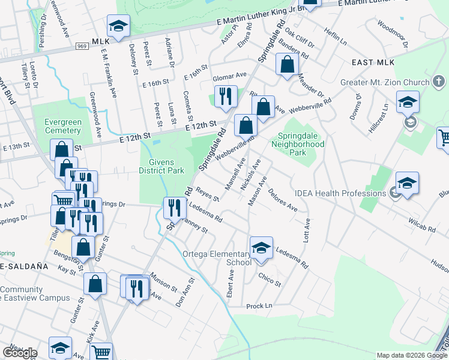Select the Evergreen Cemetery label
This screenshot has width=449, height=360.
[63, 127]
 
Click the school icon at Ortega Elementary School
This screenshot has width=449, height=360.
[261, 248]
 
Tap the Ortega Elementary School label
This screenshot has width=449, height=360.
[217, 258]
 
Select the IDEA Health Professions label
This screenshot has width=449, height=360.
[340, 193]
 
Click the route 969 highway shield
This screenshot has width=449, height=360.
[82, 46]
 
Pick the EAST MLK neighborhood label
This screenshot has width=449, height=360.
[373, 62]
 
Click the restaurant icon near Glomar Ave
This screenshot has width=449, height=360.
[226, 95]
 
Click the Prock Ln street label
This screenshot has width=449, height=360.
[259, 306]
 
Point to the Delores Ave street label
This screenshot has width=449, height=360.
[283, 200]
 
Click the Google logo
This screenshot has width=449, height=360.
[20, 352]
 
